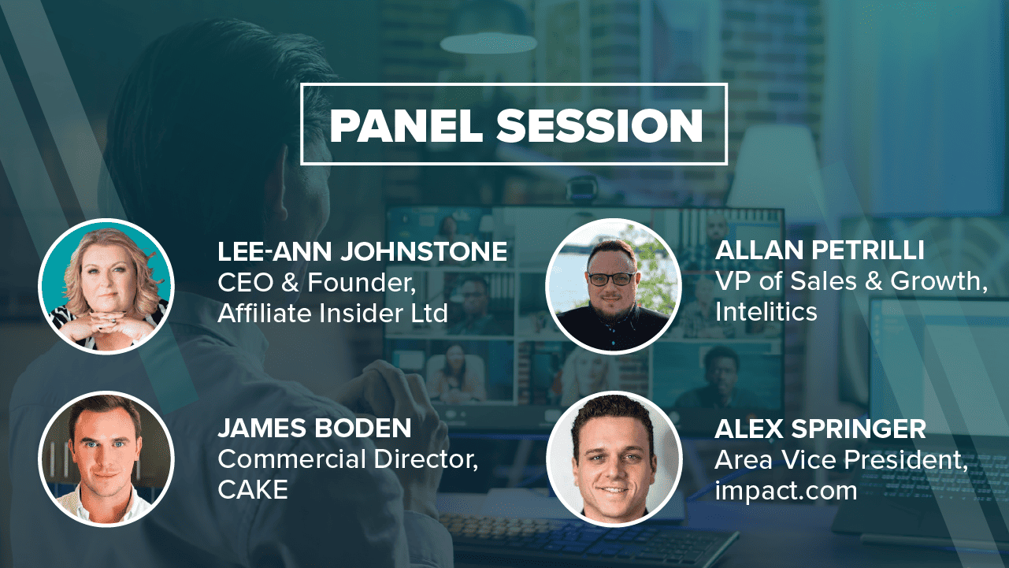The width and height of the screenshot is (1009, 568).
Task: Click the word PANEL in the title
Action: pos(406,125)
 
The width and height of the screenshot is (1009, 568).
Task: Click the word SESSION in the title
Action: pos(599,125)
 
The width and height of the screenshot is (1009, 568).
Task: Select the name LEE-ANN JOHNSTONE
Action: pos(362,251)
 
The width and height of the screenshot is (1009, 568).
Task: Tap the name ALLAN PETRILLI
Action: pos(819,250)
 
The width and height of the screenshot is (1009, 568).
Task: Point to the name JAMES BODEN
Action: pos(314,428)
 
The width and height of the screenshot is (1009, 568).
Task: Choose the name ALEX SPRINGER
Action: pos(820,429)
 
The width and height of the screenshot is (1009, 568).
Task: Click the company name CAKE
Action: pos(253,490)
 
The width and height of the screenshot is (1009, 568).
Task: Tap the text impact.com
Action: pos(786,491)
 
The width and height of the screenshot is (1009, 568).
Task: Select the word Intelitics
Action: pos(766,311)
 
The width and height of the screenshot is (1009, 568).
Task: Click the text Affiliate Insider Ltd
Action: pos(332,313)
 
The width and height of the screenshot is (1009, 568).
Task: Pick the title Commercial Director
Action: pos(347,459)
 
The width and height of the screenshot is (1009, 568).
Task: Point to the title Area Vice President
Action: pos(841,460)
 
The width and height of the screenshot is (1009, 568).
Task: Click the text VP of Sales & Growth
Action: pos(851,281)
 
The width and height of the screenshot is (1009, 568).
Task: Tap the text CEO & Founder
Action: pos(317,283)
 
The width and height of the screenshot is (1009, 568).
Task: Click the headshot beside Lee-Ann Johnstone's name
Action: pos(106,287)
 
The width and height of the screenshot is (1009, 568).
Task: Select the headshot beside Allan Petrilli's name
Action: pos(614,287)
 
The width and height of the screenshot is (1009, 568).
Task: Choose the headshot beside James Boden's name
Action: pos(106,459)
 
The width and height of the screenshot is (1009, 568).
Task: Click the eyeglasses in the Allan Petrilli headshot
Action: pos(612,279)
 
